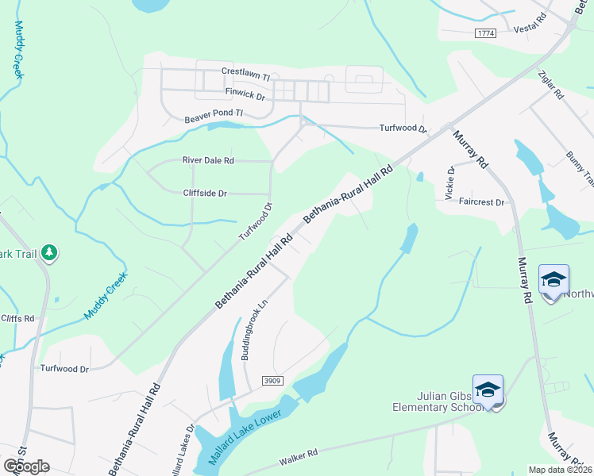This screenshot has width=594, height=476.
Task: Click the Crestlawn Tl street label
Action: pos(246,71)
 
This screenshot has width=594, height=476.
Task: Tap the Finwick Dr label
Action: pos(245,93)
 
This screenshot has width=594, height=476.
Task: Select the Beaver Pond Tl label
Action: pos(213,116)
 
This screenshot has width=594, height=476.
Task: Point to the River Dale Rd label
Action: pos(208,160)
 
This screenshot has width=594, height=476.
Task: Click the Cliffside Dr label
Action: pos(205,193)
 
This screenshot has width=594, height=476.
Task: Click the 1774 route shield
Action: pos(486,33)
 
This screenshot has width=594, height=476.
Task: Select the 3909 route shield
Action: pos(273,382)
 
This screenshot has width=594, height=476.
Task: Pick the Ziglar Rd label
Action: pos(550,83)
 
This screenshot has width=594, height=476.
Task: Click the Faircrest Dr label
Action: pos(482,202)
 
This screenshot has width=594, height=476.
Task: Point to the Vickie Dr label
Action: pos(450,182)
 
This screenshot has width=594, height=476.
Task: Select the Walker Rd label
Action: pos(299,455)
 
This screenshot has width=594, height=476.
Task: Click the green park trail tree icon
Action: pos(49,252)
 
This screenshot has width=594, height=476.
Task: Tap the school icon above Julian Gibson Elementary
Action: pos(488,390)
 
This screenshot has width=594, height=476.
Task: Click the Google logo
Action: pos(26,466)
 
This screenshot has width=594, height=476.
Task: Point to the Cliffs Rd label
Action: pos(17,318)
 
